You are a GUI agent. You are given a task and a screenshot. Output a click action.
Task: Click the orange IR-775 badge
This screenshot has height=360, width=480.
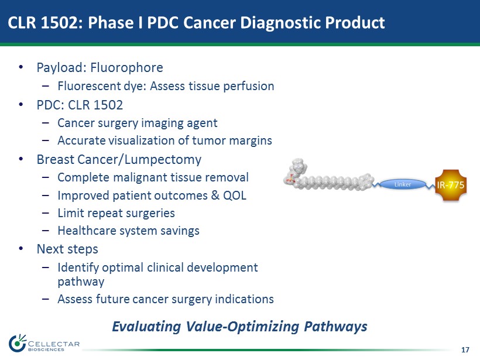pyautogui.click(x=451, y=185)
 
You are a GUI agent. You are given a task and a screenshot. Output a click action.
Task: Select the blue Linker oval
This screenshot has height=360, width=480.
pyautogui.click(x=403, y=184)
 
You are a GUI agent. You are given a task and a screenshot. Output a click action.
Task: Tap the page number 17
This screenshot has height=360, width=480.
pyautogui.click(x=465, y=349)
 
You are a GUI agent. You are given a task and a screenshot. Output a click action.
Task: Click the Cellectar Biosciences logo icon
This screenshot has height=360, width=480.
pyautogui.click(x=17, y=343)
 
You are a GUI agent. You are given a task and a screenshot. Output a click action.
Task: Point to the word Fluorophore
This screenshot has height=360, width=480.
pyautogui.click(x=126, y=68)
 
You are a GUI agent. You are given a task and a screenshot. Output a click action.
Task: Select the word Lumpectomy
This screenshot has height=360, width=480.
pyautogui.click(x=163, y=160)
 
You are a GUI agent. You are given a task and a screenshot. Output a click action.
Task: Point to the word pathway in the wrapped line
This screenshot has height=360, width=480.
pyautogui.click(x=81, y=282)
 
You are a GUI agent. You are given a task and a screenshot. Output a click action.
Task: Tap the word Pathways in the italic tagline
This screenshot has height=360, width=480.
pyautogui.click(x=335, y=326)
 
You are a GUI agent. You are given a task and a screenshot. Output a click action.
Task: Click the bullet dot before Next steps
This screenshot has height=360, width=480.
pyautogui.click(x=21, y=249)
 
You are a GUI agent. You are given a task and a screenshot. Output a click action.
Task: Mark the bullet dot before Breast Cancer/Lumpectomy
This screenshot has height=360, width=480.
pyautogui.click(x=21, y=159)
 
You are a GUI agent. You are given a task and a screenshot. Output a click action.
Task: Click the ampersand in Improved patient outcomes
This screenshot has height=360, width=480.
pyautogui.click(x=215, y=196)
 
